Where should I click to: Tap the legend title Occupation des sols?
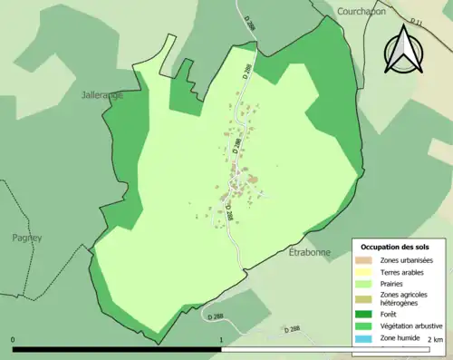[x=395, y=247]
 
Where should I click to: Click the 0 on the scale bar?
[x=14, y=340]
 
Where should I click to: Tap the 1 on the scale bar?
[x=222, y=340]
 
